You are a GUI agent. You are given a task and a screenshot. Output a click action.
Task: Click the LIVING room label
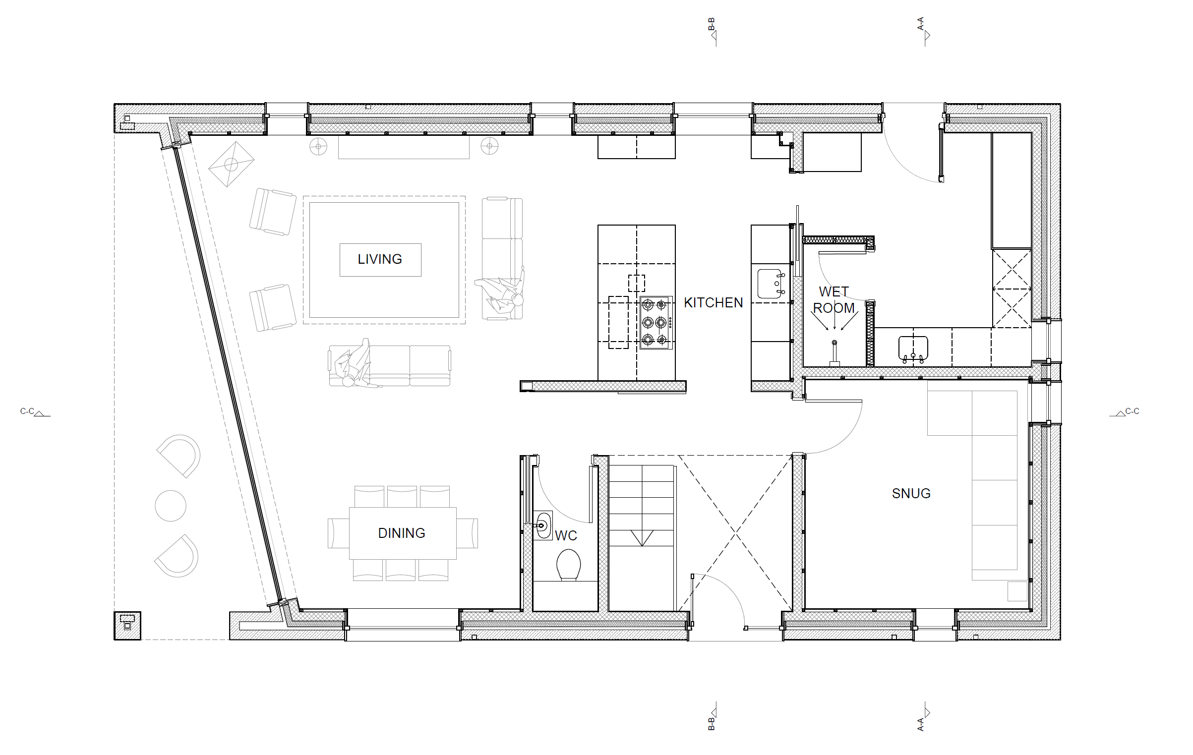tap(380, 259)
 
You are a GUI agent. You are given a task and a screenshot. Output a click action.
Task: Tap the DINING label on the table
tap(402, 533)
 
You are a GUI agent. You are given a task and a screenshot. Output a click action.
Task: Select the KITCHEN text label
tap(714, 303)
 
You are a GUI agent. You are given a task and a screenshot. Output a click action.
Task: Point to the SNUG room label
tap(911, 493)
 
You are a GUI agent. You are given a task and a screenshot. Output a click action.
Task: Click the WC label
tap(566, 535)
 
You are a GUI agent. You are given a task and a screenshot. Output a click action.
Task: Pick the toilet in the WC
tap(568, 565)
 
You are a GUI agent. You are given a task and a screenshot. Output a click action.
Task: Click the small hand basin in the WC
tap(543, 525)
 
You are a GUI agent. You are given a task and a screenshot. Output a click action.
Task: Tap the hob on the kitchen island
tap(656, 323)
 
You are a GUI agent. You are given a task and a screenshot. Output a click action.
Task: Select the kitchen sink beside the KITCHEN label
tap(770, 284)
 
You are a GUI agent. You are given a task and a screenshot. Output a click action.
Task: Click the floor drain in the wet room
tap(835, 343)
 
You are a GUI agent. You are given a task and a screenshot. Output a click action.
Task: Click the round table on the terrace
tap(171, 506)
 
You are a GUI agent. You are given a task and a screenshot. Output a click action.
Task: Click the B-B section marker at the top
tap(713, 31)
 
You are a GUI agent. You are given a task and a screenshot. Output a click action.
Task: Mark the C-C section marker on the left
tap(35, 412)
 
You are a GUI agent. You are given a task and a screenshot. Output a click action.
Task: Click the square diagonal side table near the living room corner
tap(231, 164)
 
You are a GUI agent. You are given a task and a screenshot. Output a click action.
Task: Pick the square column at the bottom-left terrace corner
tap(127, 626)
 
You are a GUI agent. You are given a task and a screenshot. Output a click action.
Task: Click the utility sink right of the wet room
tap(913, 348)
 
